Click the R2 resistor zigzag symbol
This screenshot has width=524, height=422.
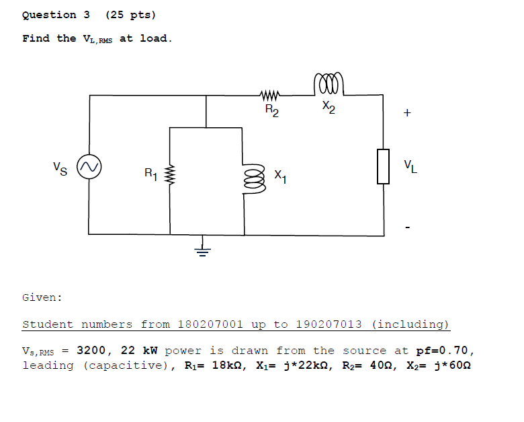(x=270, y=96)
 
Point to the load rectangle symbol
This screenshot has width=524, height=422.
(x=383, y=166)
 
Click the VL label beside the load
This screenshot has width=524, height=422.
(x=410, y=166)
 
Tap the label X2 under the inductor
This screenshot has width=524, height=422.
(x=327, y=107)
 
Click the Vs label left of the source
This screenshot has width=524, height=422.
(x=60, y=166)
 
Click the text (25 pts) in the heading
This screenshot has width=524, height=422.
(x=130, y=15)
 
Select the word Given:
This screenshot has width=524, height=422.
(x=42, y=297)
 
